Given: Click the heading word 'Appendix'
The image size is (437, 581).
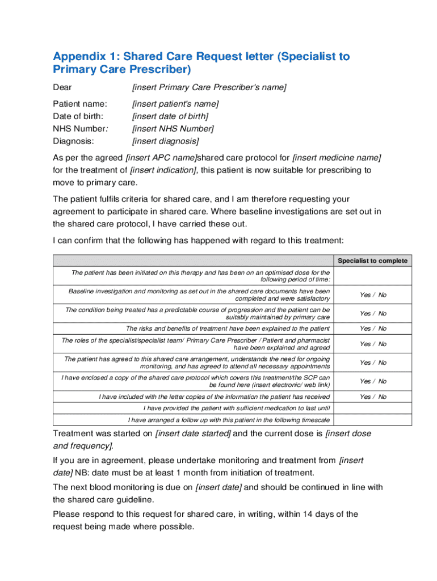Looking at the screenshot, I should point(77,56).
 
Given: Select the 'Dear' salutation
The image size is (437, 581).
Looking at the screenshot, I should point(62,87).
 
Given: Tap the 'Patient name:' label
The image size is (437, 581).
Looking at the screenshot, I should point(80,104).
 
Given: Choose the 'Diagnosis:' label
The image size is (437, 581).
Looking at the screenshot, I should point(73,141).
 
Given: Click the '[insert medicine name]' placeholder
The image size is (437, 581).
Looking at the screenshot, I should point(337,157).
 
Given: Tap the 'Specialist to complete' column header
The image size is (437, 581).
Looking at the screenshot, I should point(372,261).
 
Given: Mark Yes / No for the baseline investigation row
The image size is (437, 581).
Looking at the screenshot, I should point(372,295).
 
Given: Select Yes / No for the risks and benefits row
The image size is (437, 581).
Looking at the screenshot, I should point(372,329).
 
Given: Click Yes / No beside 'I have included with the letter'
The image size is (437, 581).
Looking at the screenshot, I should point(372,397).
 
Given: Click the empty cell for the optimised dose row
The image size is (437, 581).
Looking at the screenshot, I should point(372,276).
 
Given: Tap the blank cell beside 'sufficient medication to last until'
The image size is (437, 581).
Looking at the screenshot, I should point(372,409).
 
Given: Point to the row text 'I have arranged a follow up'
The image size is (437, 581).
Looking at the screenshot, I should point(229,420).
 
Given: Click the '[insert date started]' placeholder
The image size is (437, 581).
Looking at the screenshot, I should point(193,433).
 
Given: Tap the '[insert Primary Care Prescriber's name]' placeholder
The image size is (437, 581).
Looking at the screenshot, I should point(209,87).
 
